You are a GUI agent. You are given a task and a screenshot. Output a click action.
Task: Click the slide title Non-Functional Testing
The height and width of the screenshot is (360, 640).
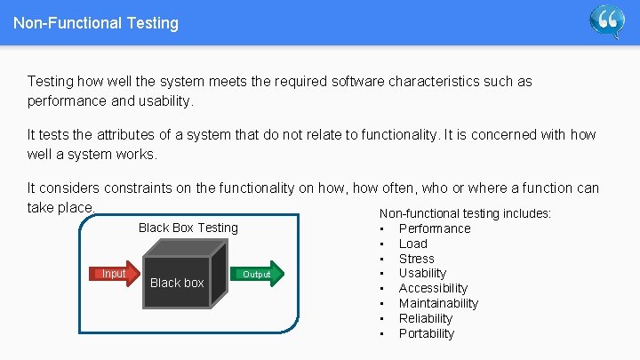click(x=96, y=23)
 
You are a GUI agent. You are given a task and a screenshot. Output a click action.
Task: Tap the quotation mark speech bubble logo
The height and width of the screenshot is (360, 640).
click(x=607, y=21)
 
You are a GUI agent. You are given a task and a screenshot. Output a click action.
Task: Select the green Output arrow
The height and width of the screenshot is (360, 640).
click(x=259, y=274)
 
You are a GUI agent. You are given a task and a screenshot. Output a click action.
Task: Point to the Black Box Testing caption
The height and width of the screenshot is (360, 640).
click(x=188, y=228)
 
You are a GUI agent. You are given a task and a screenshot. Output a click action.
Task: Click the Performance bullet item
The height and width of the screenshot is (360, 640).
click(x=435, y=228)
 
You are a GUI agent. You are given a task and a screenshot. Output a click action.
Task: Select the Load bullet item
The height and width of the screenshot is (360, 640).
click(x=412, y=244)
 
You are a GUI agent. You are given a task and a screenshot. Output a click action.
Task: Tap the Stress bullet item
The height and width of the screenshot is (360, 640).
click(x=416, y=259)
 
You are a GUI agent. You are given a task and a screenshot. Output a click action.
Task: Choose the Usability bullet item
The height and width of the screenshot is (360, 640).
click(x=422, y=273)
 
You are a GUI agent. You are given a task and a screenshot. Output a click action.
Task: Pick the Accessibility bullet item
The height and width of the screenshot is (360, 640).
click(x=433, y=288)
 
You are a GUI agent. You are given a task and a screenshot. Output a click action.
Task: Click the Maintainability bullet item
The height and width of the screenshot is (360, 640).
click(x=438, y=303)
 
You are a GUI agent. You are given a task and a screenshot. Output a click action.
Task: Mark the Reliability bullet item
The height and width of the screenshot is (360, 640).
click(x=426, y=318)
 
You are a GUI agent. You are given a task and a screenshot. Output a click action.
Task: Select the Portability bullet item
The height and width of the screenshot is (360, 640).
click(x=426, y=333)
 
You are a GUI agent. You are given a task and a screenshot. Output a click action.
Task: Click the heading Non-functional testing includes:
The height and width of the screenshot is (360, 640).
click(x=465, y=213)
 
